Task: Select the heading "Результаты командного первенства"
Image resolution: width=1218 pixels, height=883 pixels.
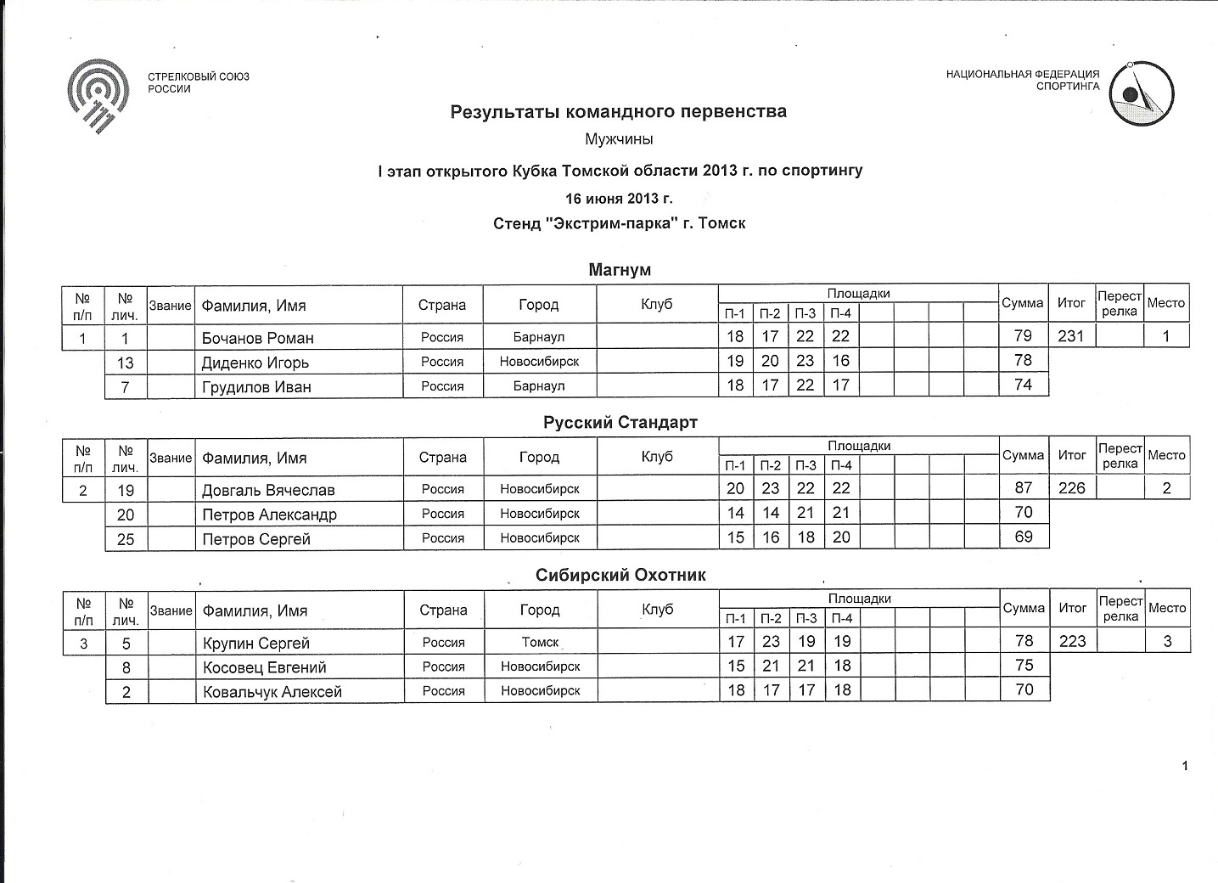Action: (x=618, y=111)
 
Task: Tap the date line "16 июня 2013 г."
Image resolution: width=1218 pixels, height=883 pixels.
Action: (x=619, y=199)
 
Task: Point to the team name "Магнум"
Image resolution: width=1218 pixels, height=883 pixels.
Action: (x=620, y=270)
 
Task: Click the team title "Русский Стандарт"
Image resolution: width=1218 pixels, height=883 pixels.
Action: (x=620, y=423)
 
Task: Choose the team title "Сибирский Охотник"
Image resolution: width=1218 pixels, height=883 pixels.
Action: (x=620, y=576)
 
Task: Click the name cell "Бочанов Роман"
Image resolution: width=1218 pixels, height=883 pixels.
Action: (x=258, y=338)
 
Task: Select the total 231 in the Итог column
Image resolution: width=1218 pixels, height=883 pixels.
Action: (x=1071, y=336)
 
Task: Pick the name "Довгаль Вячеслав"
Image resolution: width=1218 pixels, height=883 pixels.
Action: (x=268, y=490)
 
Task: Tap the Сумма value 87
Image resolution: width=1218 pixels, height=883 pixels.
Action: (x=1024, y=488)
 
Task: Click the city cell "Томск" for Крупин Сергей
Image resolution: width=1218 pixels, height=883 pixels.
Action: (x=540, y=643)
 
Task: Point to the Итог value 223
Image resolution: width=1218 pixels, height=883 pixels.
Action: (x=1072, y=641)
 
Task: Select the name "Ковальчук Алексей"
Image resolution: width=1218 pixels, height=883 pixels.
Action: (x=272, y=692)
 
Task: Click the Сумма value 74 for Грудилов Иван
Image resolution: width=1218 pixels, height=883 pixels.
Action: (x=1024, y=385)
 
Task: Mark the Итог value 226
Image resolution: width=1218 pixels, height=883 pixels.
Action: (x=1072, y=488)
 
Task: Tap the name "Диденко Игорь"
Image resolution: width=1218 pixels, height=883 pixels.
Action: (x=255, y=363)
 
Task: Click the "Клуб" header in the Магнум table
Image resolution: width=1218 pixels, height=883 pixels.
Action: (x=657, y=304)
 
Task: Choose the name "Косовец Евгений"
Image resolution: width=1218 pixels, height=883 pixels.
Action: (x=265, y=667)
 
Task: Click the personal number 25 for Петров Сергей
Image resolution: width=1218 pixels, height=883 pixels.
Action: (x=126, y=539)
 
